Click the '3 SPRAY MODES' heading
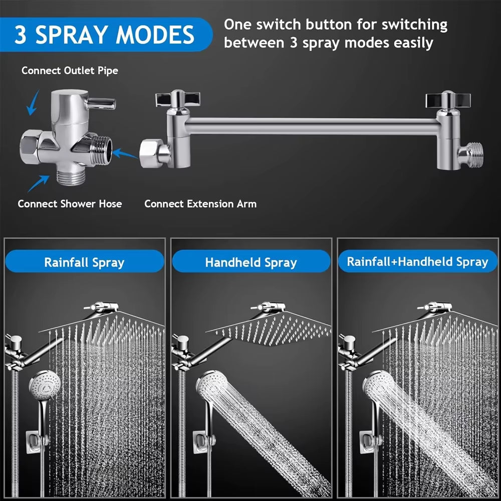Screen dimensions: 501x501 tap(104, 34)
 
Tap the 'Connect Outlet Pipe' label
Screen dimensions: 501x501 tap(70, 71)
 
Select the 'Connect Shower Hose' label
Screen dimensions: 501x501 tap(70, 204)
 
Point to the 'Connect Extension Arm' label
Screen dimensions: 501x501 tap(200, 204)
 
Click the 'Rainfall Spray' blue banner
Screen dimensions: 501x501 tap(84, 262)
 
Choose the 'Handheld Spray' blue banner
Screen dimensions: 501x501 tap(250, 262)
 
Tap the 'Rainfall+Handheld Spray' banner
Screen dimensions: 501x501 tap(417, 262)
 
